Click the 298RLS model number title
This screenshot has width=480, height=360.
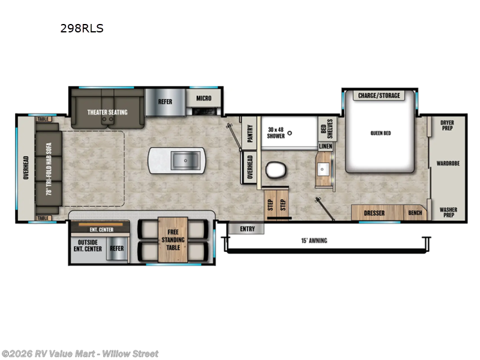82,28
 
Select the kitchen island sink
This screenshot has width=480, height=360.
185,161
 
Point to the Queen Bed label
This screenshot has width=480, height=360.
380,133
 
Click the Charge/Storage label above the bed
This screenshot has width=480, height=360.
379,95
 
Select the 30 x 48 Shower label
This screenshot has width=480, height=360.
277,133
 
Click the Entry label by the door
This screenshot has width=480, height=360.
247,229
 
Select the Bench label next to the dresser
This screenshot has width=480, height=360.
415,213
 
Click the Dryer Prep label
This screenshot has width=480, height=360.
447,125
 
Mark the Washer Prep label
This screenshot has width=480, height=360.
448,212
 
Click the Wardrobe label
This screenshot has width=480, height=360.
448,163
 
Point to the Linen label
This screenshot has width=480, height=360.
325,146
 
